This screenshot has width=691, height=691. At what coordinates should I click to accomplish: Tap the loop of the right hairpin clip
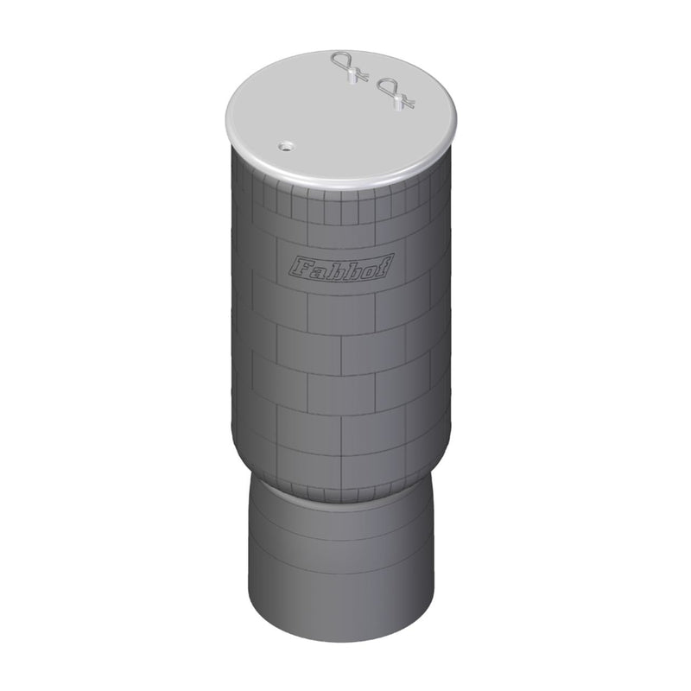(x=390, y=85)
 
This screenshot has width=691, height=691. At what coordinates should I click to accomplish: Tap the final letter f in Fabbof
(x=384, y=263)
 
